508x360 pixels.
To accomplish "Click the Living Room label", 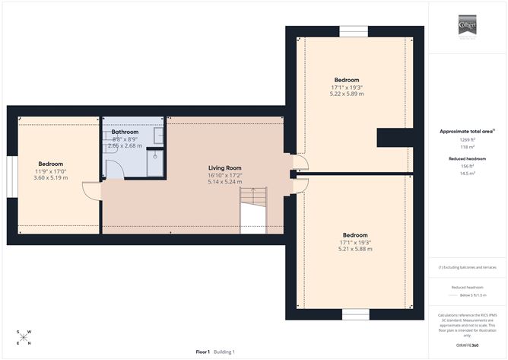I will point(225,167).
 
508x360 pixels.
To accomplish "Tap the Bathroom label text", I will point(125,132).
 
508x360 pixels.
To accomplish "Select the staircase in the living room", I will point(253,210).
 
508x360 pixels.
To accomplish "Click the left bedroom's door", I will point(92,191).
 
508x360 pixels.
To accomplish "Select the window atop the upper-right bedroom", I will point(354,31).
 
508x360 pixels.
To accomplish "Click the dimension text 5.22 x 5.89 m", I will point(347,94).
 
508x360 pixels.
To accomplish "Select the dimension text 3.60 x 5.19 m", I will point(51,178).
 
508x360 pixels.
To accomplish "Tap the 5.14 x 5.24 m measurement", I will point(225,182).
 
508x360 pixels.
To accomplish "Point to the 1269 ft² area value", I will point(466,140).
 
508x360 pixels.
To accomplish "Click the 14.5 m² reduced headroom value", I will point(466,173).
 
